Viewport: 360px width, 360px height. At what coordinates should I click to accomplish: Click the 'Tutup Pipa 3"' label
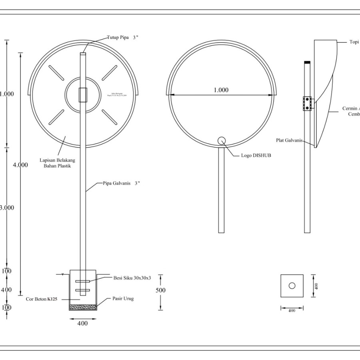pyautogui.click(x=122, y=38)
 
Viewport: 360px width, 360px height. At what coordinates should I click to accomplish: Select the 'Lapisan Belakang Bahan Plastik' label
pyautogui.click(x=57, y=163)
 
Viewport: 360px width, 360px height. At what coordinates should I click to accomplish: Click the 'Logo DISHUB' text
pyautogui.click(x=256, y=155)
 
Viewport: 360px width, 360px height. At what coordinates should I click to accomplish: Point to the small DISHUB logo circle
pyautogui.click(x=222, y=140)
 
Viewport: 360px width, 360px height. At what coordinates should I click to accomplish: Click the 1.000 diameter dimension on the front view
pyautogui.click(x=221, y=90)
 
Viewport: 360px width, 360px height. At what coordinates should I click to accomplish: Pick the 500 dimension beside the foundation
pyautogui.click(x=160, y=290)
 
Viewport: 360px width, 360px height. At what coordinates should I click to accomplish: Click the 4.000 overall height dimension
pyautogui.click(x=20, y=165)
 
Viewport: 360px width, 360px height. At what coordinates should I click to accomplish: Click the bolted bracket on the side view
pyautogui.click(x=307, y=103)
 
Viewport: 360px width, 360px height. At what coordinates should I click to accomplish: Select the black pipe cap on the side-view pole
pyautogui.click(x=307, y=62)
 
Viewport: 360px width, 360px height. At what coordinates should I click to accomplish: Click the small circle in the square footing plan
pyautogui.click(x=292, y=286)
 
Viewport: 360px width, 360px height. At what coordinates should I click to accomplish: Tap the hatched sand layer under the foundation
pyautogui.click(x=83, y=307)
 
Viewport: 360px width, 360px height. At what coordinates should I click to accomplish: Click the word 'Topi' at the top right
pyautogui.click(x=354, y=42)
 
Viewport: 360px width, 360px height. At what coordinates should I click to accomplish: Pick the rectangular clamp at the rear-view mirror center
pyautogui.click(x=83, y=95)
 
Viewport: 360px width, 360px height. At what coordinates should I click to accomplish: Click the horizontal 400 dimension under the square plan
pyautogui.click(x=292, y=310)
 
